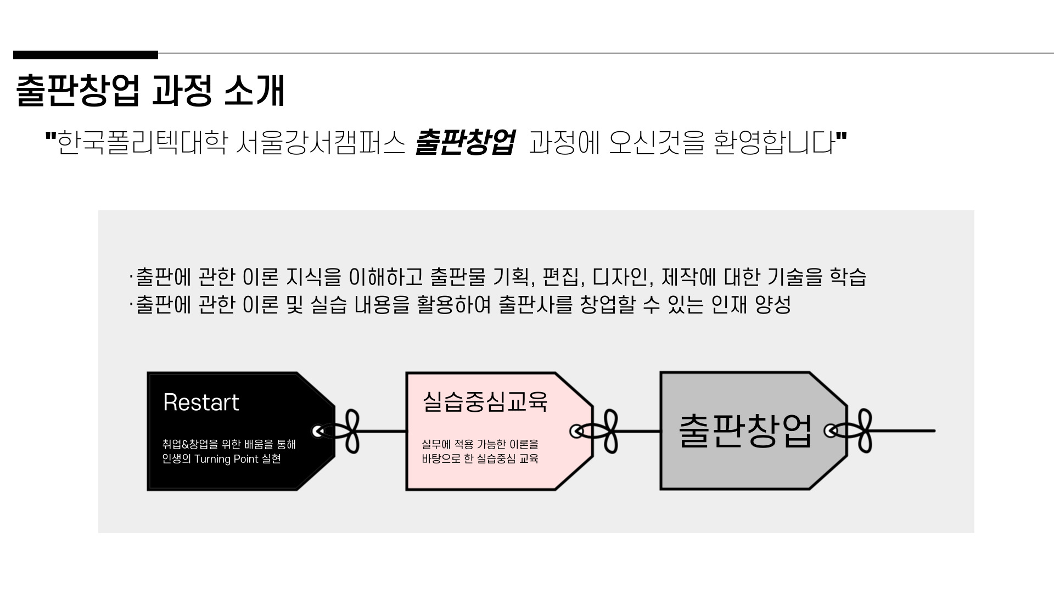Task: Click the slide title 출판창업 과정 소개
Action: [x=150, y=90]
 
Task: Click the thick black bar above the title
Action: [x=86, y=54]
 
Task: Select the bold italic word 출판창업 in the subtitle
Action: [x=464, y=143]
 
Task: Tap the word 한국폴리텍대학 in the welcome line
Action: [x=142, y=143]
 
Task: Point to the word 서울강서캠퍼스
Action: [x=321, y=143]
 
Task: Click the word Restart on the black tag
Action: [x=201, y=402]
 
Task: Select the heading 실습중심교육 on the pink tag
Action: [x=485, y=401]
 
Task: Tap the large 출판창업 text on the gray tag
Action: [x=745, y=430]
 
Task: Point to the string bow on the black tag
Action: [x=345, y=432]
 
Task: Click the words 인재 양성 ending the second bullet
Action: [x=751, y=305]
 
